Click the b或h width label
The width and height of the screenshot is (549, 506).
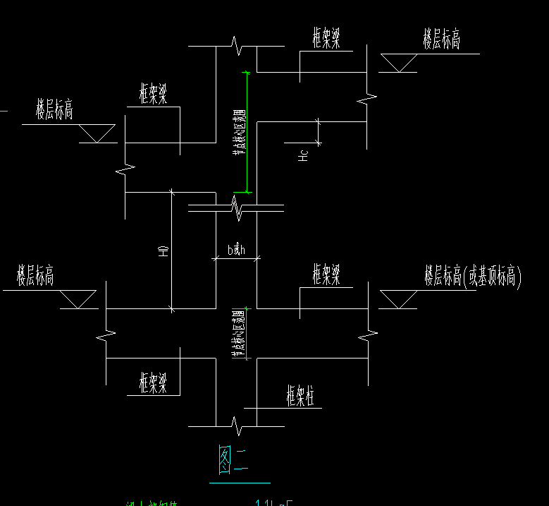click(235, 249)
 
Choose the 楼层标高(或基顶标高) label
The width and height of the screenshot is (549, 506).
click(472, 276)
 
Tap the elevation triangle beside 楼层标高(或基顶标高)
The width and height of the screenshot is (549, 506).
click(398, 299)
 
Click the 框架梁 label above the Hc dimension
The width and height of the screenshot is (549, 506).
click(327, 38)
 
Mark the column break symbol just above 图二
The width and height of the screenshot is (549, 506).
click(236, 426)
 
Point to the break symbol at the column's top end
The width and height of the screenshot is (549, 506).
click(237, 47)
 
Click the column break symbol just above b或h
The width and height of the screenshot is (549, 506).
click(237, 207)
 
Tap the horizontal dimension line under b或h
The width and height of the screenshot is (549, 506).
click(237, 258)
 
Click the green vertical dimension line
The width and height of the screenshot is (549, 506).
click(246, 132)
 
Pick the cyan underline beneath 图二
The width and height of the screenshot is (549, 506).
click(240, 483)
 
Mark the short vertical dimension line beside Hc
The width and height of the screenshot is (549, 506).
click(319, 132)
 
